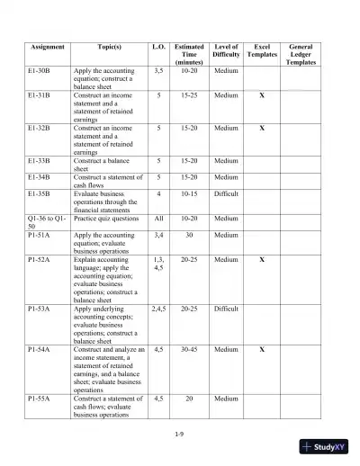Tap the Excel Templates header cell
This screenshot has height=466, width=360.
point(262,50)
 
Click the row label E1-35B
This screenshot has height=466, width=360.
point(40,192)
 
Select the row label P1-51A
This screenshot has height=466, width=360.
point(40,236)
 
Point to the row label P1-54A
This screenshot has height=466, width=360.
point(40,348)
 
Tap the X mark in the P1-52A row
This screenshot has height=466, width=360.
point(261,260)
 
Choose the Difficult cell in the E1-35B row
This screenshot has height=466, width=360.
point(226,192)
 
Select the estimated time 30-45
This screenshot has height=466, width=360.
point(189,348)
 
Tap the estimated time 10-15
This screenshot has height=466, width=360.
point(189,192)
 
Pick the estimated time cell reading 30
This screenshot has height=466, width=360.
point(189,236)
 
